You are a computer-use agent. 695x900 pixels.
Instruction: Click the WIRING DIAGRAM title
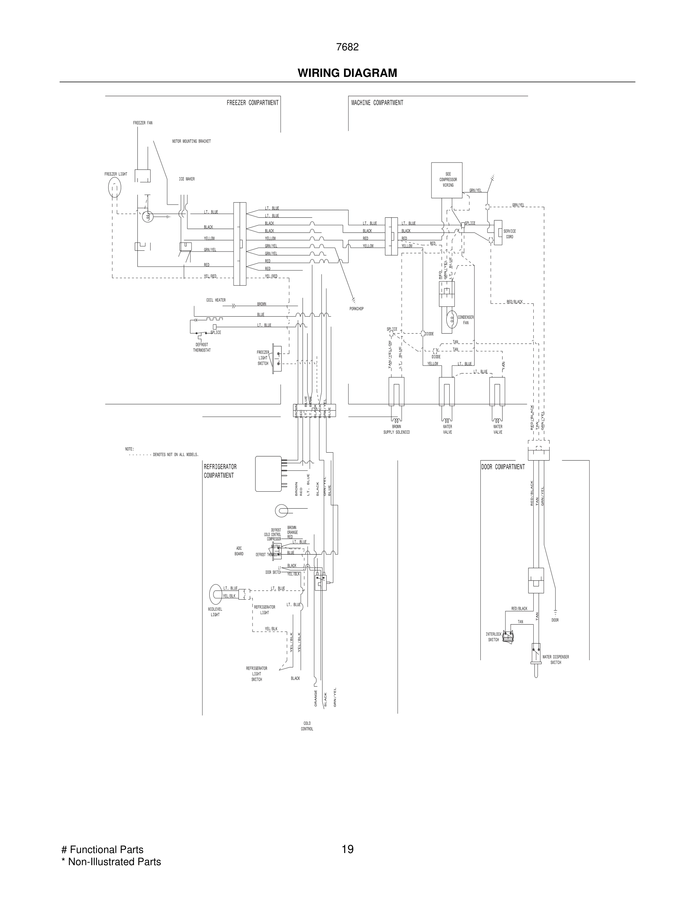point(347,73)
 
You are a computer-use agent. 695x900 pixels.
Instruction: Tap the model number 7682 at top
point(347,47)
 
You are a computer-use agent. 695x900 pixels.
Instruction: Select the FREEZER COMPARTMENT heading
point(252,103)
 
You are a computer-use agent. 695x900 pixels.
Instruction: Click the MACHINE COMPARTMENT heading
point(377,103)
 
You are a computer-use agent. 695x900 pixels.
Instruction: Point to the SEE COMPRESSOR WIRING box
point(447,180)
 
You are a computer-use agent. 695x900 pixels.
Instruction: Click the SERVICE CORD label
point(509,234)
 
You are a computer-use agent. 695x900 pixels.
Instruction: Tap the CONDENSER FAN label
point(466,320)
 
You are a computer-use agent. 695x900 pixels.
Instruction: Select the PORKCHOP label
point(356,309)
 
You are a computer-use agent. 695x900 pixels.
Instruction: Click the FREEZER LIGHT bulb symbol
point(114,188)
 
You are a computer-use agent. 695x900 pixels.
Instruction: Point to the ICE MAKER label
point(187,179)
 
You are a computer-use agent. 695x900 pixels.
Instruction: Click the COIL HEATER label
point(216,300)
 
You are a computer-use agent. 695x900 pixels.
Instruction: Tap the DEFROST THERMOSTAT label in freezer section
point(202,347)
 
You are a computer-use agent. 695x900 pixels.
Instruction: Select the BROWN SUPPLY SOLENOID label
point(396,430)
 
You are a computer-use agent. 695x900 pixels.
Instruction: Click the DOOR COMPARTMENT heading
point(503,467)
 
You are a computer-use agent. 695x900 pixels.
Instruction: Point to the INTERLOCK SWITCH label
point(493,637)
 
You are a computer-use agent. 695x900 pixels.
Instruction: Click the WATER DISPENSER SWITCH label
point(555,660)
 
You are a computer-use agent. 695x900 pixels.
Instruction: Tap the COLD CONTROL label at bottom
point(307,726)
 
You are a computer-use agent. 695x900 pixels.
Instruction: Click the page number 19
point(347,849)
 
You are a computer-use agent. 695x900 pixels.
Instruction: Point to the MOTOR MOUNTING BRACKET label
point(191,141)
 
